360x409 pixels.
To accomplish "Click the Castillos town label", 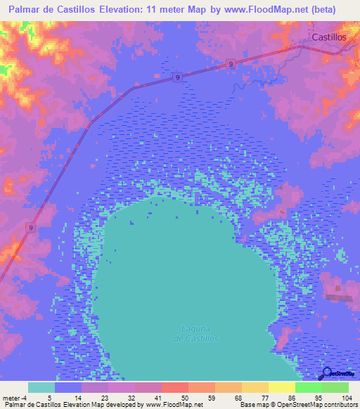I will (x=330, y=37).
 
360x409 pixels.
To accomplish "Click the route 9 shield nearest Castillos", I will (x=231, y=64).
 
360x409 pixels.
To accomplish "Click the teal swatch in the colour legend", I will (x=41, y=387).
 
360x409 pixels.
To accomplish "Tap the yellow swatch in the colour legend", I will (x=281, y=387).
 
